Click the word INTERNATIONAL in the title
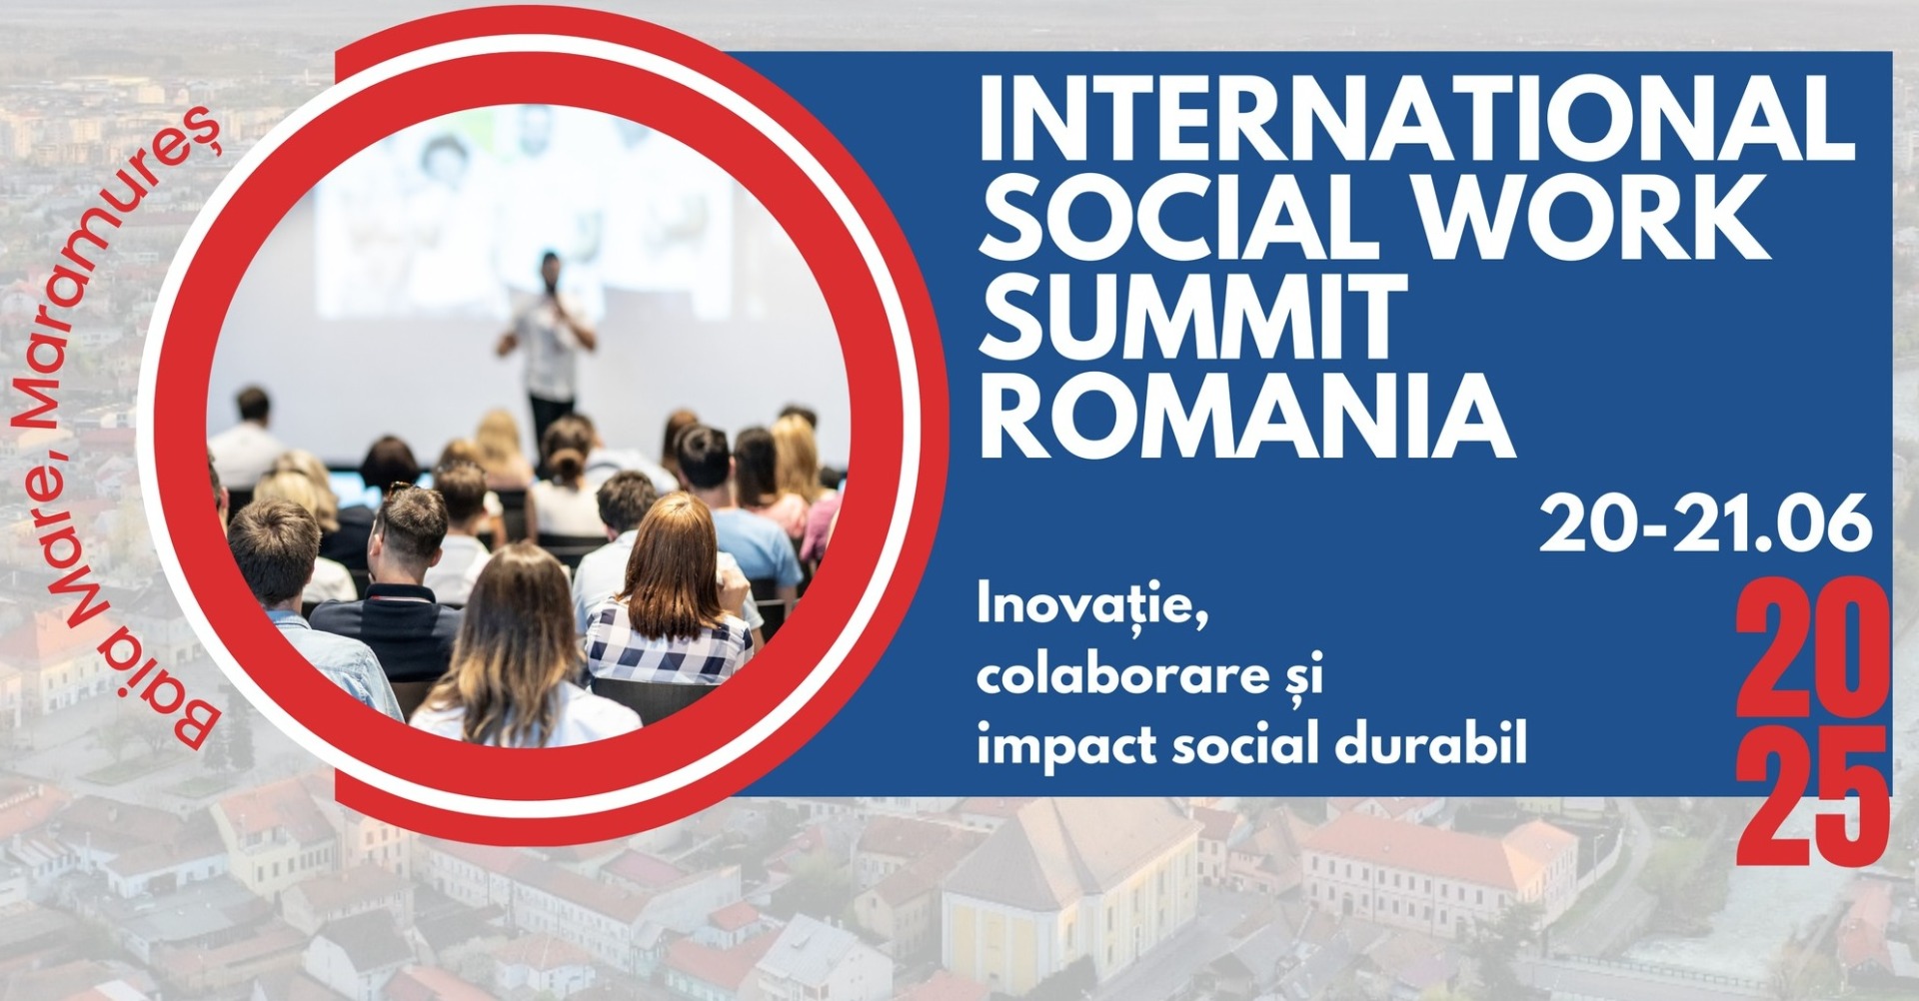point(1416,119)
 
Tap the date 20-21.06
point(1705,524)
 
